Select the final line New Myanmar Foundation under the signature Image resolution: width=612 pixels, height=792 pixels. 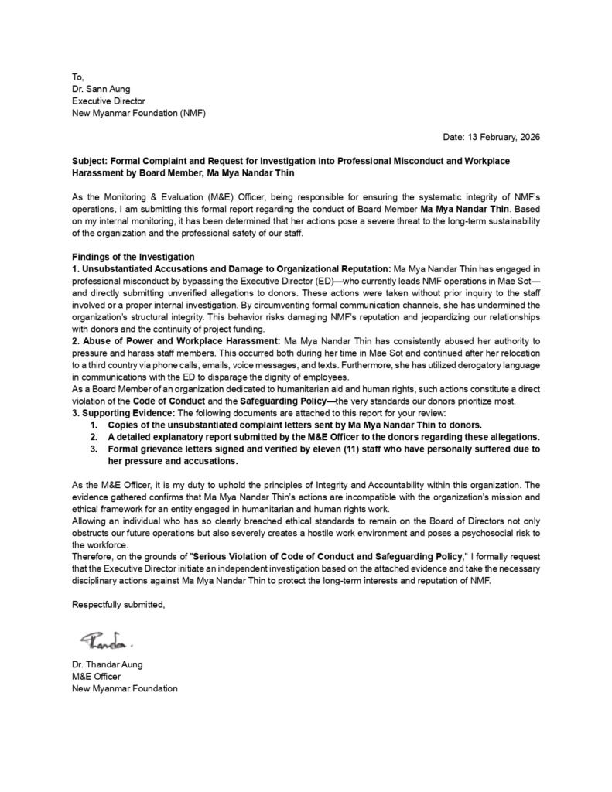coord(125,688)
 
